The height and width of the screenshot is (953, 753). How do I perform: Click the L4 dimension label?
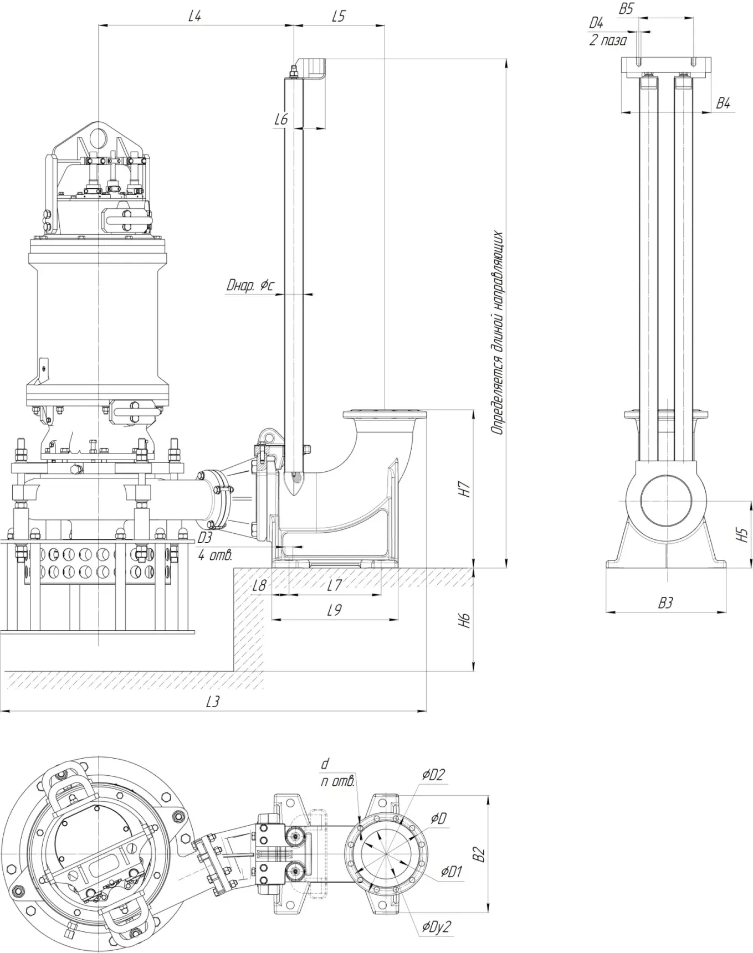point(194,16)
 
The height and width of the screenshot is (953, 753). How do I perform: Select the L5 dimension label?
point(338,16)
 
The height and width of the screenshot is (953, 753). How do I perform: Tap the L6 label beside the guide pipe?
point(281,119)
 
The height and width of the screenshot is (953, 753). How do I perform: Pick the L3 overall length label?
point(212,702)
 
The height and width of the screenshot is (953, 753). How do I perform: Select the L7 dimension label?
point(334,585)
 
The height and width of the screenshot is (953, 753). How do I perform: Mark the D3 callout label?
point(205,538)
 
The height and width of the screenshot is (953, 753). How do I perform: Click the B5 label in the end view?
point(626,8)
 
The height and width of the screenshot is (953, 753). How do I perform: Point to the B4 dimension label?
point(723,103)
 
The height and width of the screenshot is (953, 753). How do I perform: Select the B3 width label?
point(665,603)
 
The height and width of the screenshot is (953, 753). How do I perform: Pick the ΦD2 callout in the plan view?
point(433,775)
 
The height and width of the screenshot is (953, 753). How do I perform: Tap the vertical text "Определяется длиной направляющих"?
point(498,332)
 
